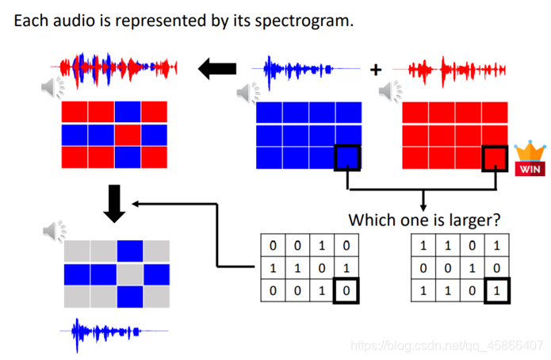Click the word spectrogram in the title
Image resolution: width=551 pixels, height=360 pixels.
pyautogui.click(x=304, y=21)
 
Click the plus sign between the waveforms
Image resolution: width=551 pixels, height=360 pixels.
pyautogui.click(x=375, y=70)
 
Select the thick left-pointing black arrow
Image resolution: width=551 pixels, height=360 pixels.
pyautogui.click(x=216, y=70)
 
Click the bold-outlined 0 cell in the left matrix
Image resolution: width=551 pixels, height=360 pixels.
pyautogui.click(x=346, y=290)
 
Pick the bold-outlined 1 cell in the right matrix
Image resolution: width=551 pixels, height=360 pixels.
pyautogui.click(x=496, y=290)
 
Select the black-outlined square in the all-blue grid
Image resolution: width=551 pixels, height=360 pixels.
pyautogui.click(x=347, y=158)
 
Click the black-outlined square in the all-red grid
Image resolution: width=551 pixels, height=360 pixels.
pyautogui.click(x=495, y=158)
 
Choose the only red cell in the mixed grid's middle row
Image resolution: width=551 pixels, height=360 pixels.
pyautogui.click(x=128, y=135)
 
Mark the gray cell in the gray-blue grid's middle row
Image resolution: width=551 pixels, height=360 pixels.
pyautogui.click(x=128, y=274)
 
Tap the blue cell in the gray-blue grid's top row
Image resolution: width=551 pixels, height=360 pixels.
pyautogui.click(x=128, y=251)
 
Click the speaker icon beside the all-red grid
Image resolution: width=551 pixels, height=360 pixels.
pyautogui.click(x=389, y=93)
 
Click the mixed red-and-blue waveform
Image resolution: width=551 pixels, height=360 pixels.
pyautogui.click(x=116, y=70)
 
